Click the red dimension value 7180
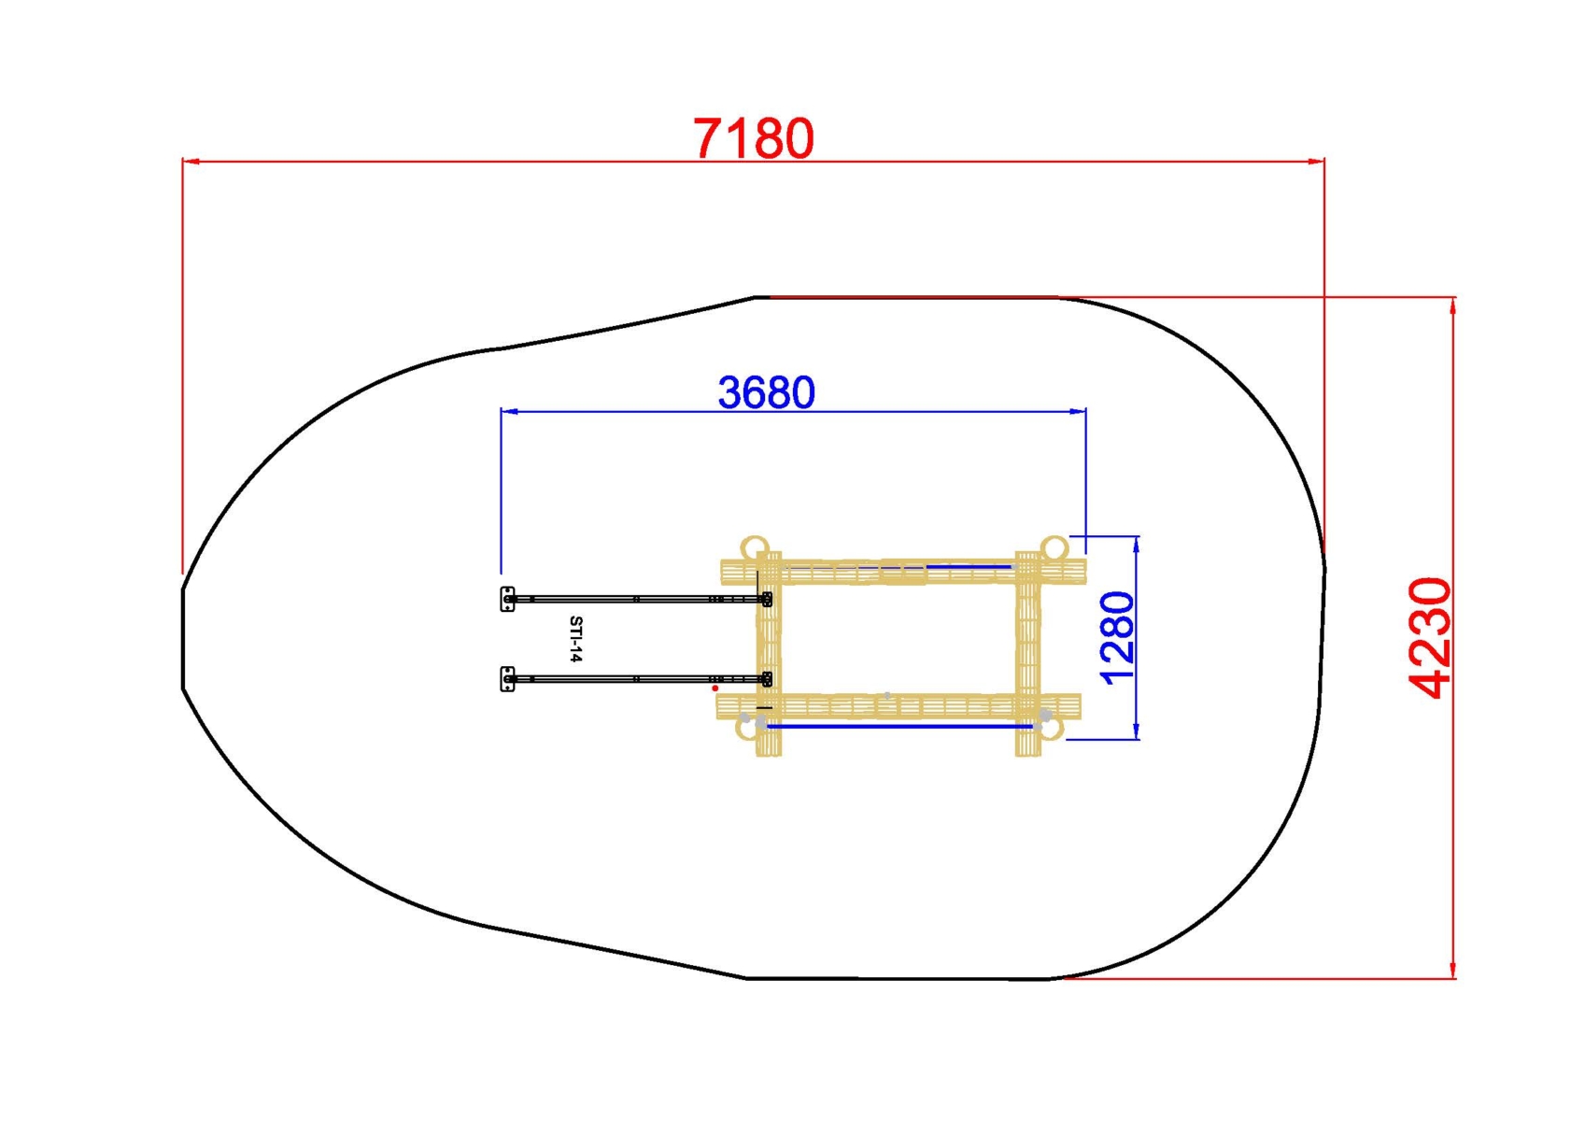point(754,138)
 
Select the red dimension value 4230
point(1430,638)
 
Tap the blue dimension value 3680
point(766,392)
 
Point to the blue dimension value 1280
point(1117,638)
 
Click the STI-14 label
point(575,639)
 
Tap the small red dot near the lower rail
point(715,688)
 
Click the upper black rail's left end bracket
point(507,599)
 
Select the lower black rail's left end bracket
point(507,679)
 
